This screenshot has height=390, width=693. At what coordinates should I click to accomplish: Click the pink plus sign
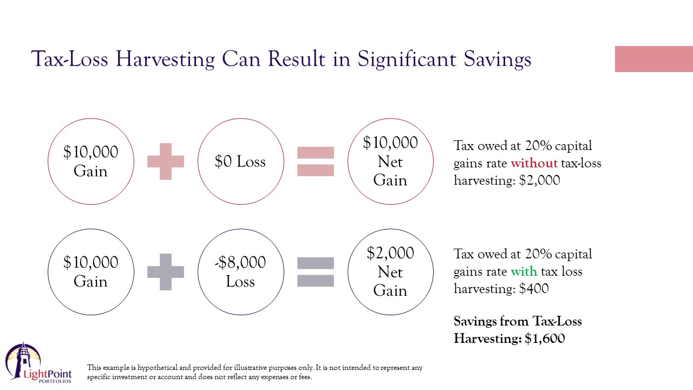click(166, 161)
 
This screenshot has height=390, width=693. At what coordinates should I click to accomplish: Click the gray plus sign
click(166, 272)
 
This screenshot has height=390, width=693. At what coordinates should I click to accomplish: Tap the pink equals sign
click(316, 161)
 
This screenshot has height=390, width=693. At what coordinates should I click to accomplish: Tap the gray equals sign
click(316, 272)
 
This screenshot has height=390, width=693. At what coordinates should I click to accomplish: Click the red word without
click(534, 163)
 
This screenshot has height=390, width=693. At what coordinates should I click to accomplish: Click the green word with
click(524, 271)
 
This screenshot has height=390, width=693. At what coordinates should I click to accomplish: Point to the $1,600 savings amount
click(545, 339)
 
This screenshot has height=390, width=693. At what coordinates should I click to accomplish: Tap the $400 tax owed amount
click(534, 289)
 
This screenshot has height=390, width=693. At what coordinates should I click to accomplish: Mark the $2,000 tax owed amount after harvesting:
click(540, 180)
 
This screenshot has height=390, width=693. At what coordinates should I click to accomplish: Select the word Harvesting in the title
click(165, 59)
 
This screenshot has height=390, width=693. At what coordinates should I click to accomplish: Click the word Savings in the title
click(498, 59)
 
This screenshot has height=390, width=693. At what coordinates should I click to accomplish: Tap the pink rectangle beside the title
click(654, 59)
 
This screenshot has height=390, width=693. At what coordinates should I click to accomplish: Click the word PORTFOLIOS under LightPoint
click(55, 381)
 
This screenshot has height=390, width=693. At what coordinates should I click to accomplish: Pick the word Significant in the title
click(407, 59)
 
